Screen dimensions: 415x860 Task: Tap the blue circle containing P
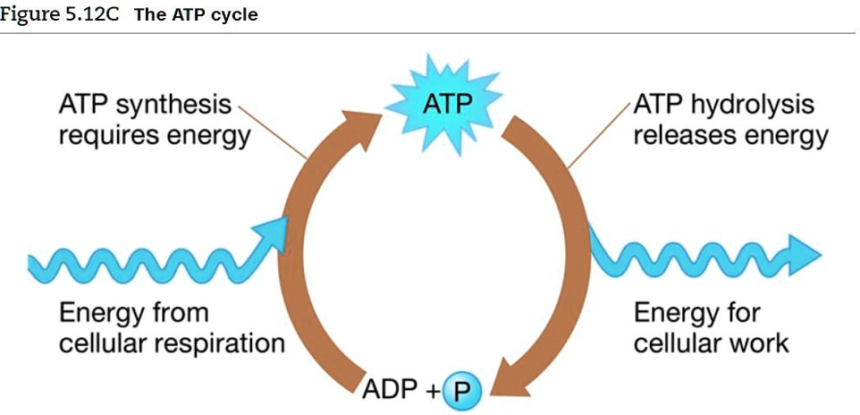pyautogui.click(x=461, y=390)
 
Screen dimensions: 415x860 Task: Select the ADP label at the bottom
pyautogui.click(x=390, y=390)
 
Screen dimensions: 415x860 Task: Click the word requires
pyautogui.click(x=108, y=138)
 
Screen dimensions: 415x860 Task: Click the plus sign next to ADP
pyautogui.click(x=432, y=391)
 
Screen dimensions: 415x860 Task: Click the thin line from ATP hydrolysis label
pyautogui.click(x=599, y=135)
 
